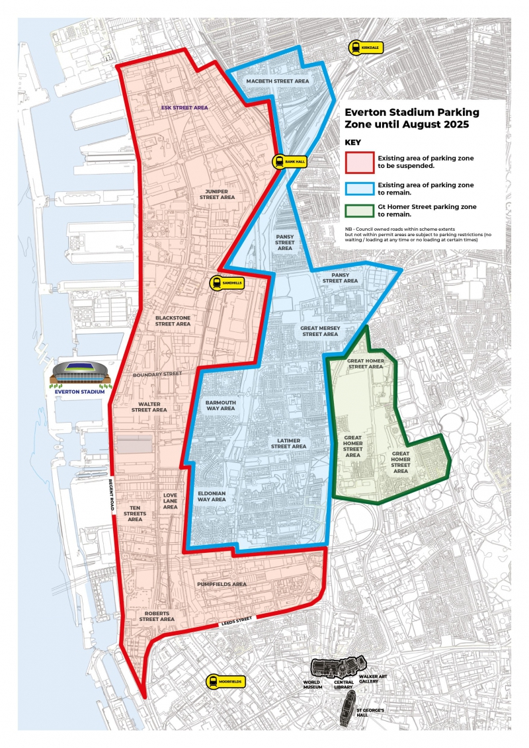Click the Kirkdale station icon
click(356, 48)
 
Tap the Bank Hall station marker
click(280, 161)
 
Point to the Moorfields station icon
click(213, 681)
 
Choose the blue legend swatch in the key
click(358, 188)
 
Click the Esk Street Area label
click(185, 106)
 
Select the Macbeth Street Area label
click(278, 81)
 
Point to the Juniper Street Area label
click(218, 193)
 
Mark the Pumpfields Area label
click(222, 584)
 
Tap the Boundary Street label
click(157, 374)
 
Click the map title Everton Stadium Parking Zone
click(412, 118)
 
